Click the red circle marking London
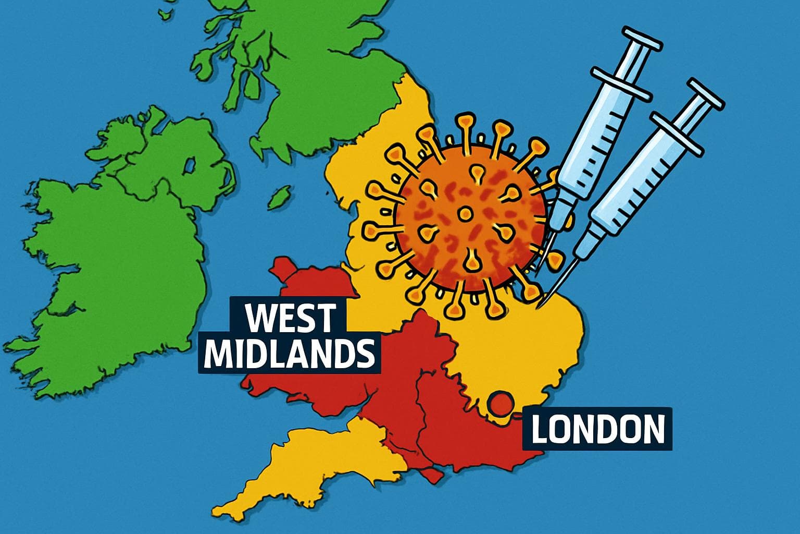(501, 405)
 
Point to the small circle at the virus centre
(465, 213)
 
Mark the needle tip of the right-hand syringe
(545, 304)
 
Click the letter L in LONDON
(539, 429)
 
